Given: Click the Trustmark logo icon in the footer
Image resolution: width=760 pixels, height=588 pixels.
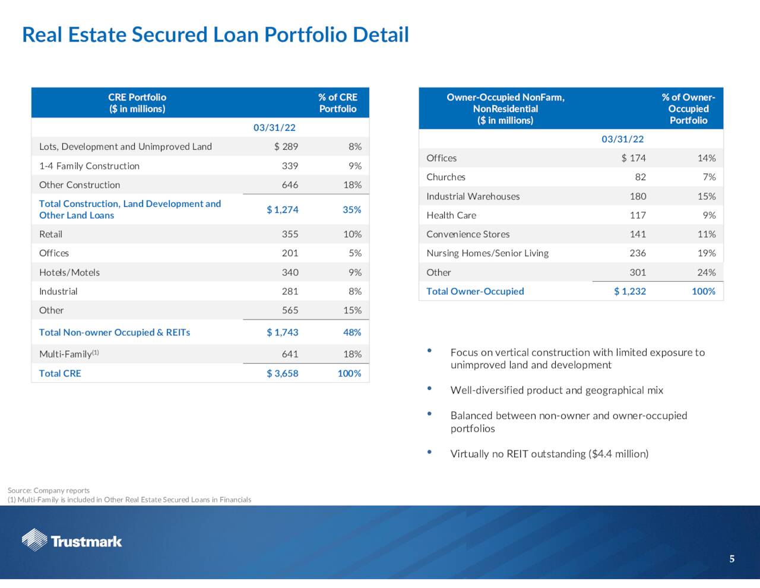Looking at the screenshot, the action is [34, 540].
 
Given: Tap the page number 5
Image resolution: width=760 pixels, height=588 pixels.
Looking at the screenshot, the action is [731, 559].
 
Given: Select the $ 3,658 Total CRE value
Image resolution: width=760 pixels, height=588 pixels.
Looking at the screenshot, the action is [282, 373].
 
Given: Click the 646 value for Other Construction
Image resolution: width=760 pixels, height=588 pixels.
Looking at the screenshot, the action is [290, 184].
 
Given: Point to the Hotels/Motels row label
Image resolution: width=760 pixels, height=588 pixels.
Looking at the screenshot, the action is [69, 272].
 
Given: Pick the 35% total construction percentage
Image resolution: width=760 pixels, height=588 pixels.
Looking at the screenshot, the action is [352, 209].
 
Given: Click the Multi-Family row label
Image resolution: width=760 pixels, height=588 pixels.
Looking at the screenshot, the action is [69, 354].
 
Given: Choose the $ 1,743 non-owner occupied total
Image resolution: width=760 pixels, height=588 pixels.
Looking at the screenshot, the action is [282, 332].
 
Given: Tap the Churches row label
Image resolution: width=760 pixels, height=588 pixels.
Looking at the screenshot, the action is [445, 177].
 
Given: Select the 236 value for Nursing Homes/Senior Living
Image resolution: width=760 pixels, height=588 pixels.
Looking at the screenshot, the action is [638, 253].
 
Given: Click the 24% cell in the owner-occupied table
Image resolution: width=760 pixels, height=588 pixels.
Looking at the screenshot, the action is [706, 272].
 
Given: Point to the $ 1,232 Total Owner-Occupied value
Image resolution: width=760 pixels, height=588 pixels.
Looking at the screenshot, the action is [630, 291].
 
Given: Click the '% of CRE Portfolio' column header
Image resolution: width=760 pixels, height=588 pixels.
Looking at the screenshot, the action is [337, 103].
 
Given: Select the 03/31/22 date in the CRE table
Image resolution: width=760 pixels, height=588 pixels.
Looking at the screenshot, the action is [274, 127].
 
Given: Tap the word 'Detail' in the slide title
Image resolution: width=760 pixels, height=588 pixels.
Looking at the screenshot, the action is [381, 34].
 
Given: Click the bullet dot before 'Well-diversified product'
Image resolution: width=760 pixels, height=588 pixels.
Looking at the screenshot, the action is [429, 388].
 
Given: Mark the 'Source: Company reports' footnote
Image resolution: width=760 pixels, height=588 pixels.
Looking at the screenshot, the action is [49, 490].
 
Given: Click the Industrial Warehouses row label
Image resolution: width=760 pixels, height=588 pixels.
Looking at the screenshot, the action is [473, 196].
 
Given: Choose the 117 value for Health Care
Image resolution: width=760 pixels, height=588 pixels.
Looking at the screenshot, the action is [638, 215].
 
